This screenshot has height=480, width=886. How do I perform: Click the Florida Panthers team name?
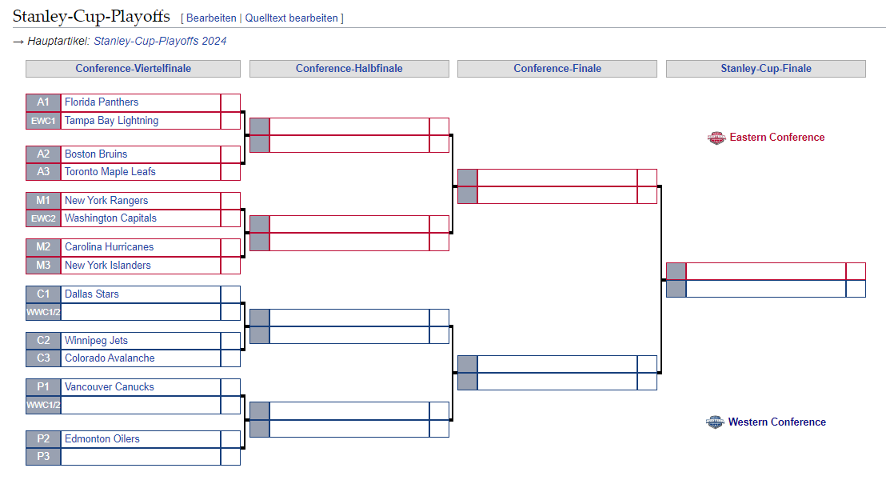[x=102, y=102]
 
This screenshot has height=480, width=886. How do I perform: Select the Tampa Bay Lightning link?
[x=111, y=121]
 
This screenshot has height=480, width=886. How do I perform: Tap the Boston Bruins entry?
[x=96, y=154]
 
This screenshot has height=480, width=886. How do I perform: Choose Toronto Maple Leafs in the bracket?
[x=110, y=172]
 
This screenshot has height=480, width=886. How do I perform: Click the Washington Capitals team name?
[x=110, y=218]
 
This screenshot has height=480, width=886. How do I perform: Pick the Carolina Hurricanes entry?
[x=109, y=247]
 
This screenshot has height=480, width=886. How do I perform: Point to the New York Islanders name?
[x=107, y=266]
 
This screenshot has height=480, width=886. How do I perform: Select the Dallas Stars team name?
[x=91, y=294]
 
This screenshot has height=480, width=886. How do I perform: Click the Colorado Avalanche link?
[x=110, y=358]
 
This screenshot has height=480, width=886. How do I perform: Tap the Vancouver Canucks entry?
[x=109, y=387]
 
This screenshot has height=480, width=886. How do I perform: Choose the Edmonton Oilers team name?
[x=102, y=439]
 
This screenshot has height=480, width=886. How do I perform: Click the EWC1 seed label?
[x=43, y=121]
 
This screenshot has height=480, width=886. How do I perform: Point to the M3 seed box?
[x=43, y=266]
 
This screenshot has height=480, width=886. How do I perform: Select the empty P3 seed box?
[x=43, y=457]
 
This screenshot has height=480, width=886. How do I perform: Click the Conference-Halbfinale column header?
[x=349, y=69]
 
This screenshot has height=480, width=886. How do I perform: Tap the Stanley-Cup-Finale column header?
[x=766, y=69]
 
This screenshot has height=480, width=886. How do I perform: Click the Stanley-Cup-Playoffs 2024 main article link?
[x=160, y=41]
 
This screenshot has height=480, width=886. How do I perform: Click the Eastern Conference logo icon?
[x=716, y=138]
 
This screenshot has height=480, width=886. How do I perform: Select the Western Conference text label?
[x=776, y=422]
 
